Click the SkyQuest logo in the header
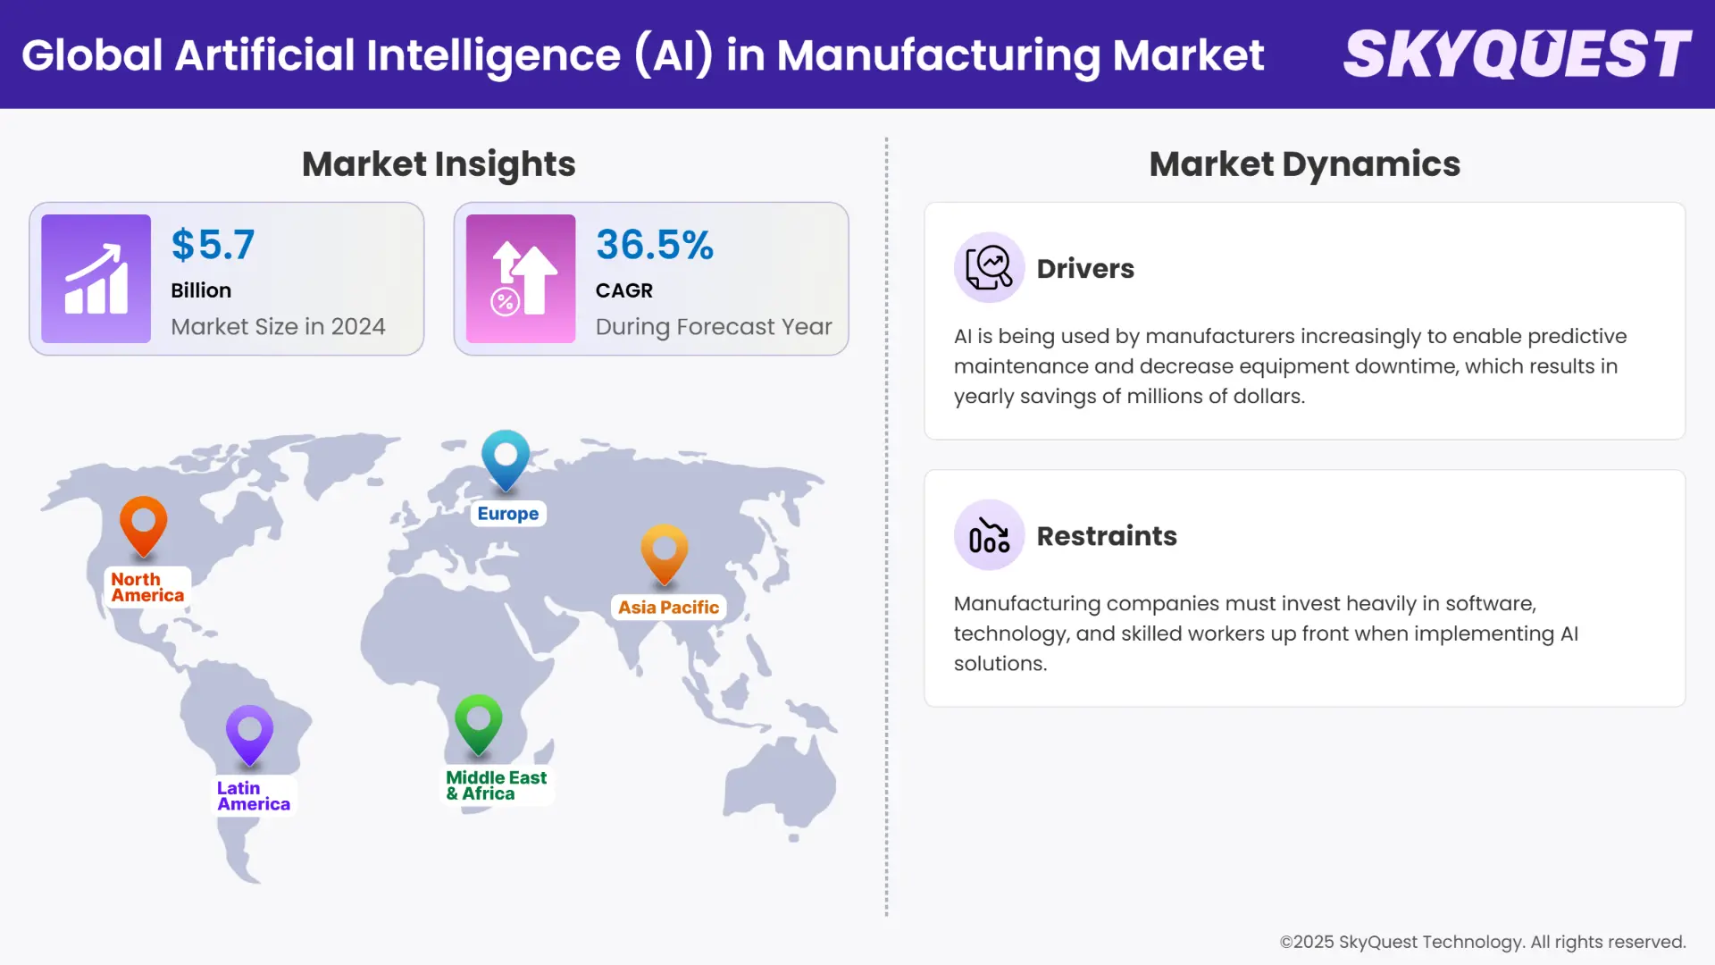coord(1517,54)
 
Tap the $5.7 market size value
coord(213,245)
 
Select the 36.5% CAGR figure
coord(654,245)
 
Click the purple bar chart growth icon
coord(96,279)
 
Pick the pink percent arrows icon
coord(521,279)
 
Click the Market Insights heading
coord(439,164)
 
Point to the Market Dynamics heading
coord(1304,164)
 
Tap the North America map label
coord(147,587)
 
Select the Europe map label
coord(507,514)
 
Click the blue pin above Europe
coord(506,457)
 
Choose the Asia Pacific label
coord(668,608)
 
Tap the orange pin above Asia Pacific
coord(665,551)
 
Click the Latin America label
coord(253,796)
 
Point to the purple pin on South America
coord(249,733)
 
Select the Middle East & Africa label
coord(496,785)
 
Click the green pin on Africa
coord(478,722)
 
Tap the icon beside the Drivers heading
coord(989,267)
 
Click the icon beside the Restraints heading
coord(989,535)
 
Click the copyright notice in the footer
coord(1482,942)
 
